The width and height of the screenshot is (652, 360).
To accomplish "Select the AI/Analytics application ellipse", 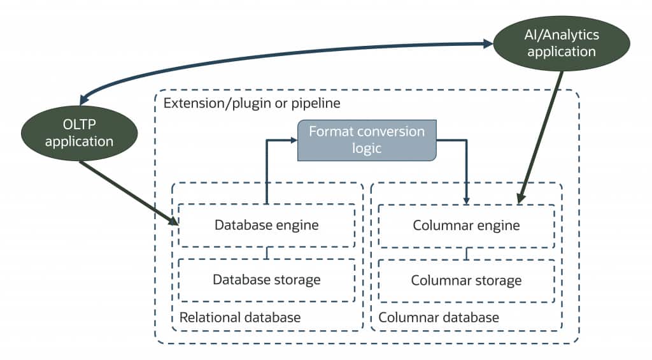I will click(x=561, y=43).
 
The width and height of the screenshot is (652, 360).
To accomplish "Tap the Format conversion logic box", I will click(x=367, y=141).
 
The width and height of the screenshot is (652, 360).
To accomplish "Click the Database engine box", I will click(x=266, y=225).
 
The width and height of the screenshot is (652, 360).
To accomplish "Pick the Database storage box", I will click(x=266, y=280).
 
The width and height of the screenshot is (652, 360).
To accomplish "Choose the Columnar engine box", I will click(x=466, y=225).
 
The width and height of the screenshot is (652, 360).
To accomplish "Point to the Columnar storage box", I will click(x=466, y=280).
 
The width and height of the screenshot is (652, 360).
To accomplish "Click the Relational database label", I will click(x=240, y=317).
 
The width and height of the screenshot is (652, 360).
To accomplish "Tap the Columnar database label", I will click(x=439, y=317).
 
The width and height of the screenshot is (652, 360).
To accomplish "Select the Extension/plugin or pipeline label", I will click(x=252, y=103).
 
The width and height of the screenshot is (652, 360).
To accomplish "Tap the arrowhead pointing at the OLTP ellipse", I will click(x=81, y=101).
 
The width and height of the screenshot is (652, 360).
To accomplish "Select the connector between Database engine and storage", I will click(x=266, y=252).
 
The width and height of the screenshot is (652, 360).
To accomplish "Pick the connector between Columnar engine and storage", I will click(x=466, y=253).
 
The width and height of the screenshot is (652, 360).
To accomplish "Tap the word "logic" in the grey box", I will click(x=367, y=148).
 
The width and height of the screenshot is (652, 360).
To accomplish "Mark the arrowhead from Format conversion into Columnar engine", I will click(x=467, y=200).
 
